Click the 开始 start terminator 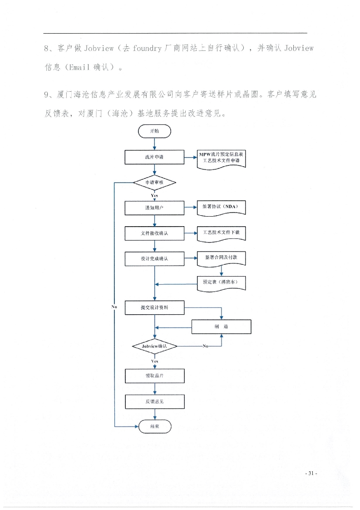tap(154, 131)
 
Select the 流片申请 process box tap(154, 157)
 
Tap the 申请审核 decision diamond tap(154, 183)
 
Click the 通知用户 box tap(154, 208)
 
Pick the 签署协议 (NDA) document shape tap(221, 208)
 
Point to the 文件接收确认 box tap(154, 233)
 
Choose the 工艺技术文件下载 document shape tap(221, 233)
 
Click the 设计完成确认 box tap(154, 259)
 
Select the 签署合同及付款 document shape tap(221, 259)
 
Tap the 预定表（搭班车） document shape tap(221, 283)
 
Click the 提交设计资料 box tap(154, 308)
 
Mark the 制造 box tap(221, 327)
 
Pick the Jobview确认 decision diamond tap(154, 347)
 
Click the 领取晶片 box tap(154, 376)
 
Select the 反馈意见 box tap(154, 402)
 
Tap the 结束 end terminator tap(155, 426)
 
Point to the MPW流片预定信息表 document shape tap(221, 159)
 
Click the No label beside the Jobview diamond tap(206, 346)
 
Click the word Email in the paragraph tap(79, 67)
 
